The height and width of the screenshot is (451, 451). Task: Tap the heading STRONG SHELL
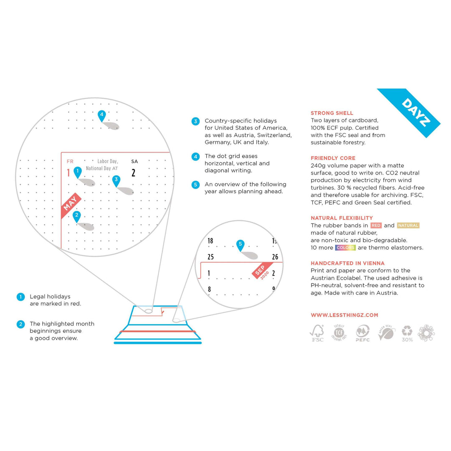332,113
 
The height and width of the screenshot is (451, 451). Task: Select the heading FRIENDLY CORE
333,158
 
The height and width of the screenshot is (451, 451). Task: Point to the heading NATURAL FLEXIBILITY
342,218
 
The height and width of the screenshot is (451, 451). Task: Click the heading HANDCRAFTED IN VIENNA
347,264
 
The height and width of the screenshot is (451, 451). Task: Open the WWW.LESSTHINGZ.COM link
344,315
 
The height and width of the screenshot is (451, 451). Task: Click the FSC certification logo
317,333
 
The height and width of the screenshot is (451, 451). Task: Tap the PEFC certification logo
362,333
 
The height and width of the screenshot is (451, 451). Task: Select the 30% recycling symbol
407,333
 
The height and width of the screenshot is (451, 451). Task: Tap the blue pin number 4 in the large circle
101,115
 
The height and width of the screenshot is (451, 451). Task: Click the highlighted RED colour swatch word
376,225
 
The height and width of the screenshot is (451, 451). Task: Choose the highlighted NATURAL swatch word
408,225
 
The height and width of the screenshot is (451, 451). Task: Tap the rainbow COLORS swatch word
345,248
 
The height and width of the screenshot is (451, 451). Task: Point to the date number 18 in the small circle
210,241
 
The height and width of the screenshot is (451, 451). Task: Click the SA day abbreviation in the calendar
134,161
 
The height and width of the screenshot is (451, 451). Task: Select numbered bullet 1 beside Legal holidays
20,297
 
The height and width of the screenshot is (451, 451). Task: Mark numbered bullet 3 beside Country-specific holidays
195,121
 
